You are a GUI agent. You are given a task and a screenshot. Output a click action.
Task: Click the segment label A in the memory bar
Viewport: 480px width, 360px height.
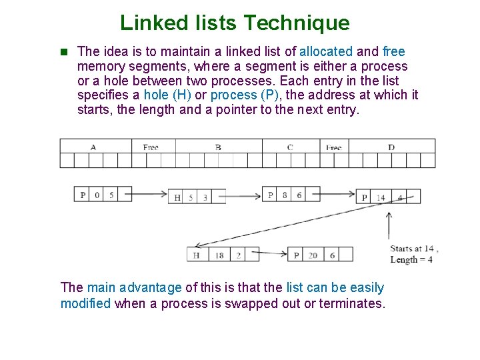(x=93, y=146)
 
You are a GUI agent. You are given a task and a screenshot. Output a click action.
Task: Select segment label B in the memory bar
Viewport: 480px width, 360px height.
(x=218, y=146)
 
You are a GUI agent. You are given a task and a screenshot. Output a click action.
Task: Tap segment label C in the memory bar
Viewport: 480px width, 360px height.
(x=290, y=146)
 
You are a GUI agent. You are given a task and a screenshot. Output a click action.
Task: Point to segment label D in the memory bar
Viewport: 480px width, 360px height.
(x=391, y=146)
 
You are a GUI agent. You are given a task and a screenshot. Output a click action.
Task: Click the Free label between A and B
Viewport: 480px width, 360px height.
(x=151, y=146)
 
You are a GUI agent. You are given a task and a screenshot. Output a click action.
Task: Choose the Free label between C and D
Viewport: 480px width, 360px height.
(x=333, y=146)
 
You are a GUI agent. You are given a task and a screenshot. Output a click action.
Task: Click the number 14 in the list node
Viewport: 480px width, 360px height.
(x=380, y=197)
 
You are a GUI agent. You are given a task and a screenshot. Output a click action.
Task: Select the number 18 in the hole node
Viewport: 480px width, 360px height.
(x=219, y=255)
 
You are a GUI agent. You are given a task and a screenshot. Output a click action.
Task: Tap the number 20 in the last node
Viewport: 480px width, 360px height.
(x=313, y=255)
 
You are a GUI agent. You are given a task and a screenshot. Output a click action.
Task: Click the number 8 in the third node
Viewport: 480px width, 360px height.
(x=285, y=195)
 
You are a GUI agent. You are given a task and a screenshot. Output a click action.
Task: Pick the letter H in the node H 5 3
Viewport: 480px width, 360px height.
(x=177, y=197)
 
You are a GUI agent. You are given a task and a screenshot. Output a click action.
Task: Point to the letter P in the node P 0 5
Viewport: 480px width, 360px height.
(x=83, y=195)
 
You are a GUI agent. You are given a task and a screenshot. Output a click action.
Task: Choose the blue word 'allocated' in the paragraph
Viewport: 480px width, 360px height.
(x=325, y=51)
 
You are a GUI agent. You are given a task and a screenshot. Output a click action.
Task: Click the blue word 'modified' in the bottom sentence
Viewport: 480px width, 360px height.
(x=85, y=303)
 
